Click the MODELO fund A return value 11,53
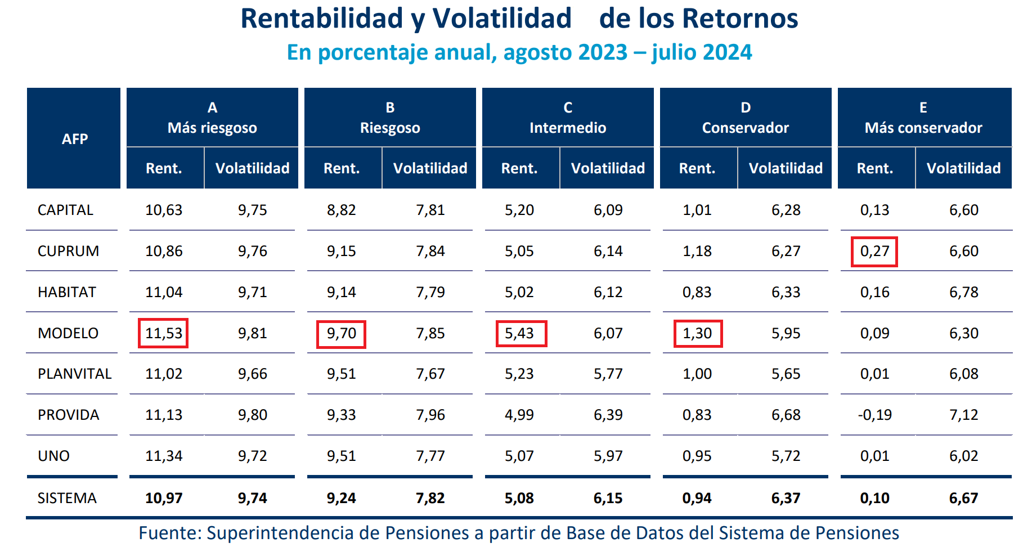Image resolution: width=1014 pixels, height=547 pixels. [164, 333]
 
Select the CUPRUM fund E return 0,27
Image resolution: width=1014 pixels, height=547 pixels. [874, 251]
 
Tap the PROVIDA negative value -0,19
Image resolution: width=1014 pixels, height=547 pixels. [874, 415]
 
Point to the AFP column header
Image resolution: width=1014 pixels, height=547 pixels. [74, 138]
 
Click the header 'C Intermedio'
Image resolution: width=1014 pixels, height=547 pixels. [568, 118]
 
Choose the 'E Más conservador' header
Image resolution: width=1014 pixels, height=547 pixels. [923, 118]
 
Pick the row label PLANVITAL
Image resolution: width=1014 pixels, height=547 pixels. [74, 374]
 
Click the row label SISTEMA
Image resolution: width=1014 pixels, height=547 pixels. [67, 498]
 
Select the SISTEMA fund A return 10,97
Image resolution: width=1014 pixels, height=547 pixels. [164, 498]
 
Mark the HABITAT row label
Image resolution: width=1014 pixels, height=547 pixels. [67, 292]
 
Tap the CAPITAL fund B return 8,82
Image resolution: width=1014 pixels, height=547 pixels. [341, 210]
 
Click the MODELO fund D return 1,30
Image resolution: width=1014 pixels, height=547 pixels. [697, 333]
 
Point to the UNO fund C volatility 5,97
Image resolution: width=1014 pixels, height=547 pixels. [608, 456]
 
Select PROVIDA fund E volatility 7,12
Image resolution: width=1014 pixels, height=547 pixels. [963, 415]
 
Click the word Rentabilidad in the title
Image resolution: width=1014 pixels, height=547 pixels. [321, 18]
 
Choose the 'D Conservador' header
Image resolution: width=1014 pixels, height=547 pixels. [746, 118]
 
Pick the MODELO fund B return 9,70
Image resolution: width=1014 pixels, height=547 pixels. [341, 333]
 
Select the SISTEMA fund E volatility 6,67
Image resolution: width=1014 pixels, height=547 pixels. [963, 498]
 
